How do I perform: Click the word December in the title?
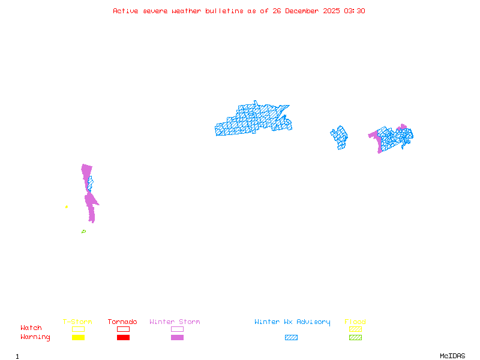(x=301, y=11)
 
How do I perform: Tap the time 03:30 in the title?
(x=355, y=11)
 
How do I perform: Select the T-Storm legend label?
(x=77, y=322)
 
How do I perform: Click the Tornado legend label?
(x=122, y=322)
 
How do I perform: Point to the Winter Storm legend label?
(x=175, y=322)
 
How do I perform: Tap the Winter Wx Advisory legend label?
(x=292, y=322)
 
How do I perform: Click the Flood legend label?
(x=355, y=322)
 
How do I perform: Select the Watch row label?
(x=31, y=328)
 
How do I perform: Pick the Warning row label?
(x=35, y=337)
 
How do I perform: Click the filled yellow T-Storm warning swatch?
(x=78, y=338)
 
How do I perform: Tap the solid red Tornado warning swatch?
(x=123, y=338)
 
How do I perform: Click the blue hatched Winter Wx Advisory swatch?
(x=291, y=338)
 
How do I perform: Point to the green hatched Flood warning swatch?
(x=355, y=338)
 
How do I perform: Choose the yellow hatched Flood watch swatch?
(x=355, y=329)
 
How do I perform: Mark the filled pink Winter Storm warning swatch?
(x=177, y=338)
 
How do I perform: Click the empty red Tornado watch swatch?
(x=123, y=329)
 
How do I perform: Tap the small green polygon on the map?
(x=83, y=231)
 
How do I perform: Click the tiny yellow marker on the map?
(x=67, y=207)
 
